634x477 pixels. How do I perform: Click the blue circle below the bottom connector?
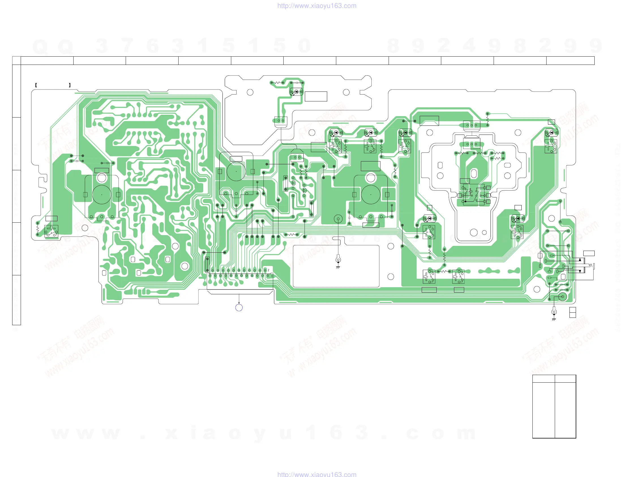click(239, 308)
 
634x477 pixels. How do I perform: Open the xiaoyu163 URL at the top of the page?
click(317, 6)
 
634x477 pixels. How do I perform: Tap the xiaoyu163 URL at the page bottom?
click(317, 474)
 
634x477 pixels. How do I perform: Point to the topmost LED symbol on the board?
click(296, 92)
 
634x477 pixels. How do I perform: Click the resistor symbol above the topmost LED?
click(277, 83)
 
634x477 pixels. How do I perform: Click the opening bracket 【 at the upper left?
click(36, 85)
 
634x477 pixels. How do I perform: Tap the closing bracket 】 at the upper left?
click(70, 85)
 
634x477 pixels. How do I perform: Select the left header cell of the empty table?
click(543, 379)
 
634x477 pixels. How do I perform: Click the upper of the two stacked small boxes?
click(572, 310)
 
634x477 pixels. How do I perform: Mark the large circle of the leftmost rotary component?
click(101, 195)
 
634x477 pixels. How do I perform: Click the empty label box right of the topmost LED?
click(316, 96)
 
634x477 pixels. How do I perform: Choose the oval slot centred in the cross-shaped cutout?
click(474, 173)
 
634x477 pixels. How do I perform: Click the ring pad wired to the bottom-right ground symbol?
click(562, 297)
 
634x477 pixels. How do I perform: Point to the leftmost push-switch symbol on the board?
click(51, 231)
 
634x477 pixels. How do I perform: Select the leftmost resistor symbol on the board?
click(37, 229)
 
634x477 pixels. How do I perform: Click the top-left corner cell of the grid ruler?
click(16, 61)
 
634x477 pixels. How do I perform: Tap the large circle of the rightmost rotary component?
click(370, 195)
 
